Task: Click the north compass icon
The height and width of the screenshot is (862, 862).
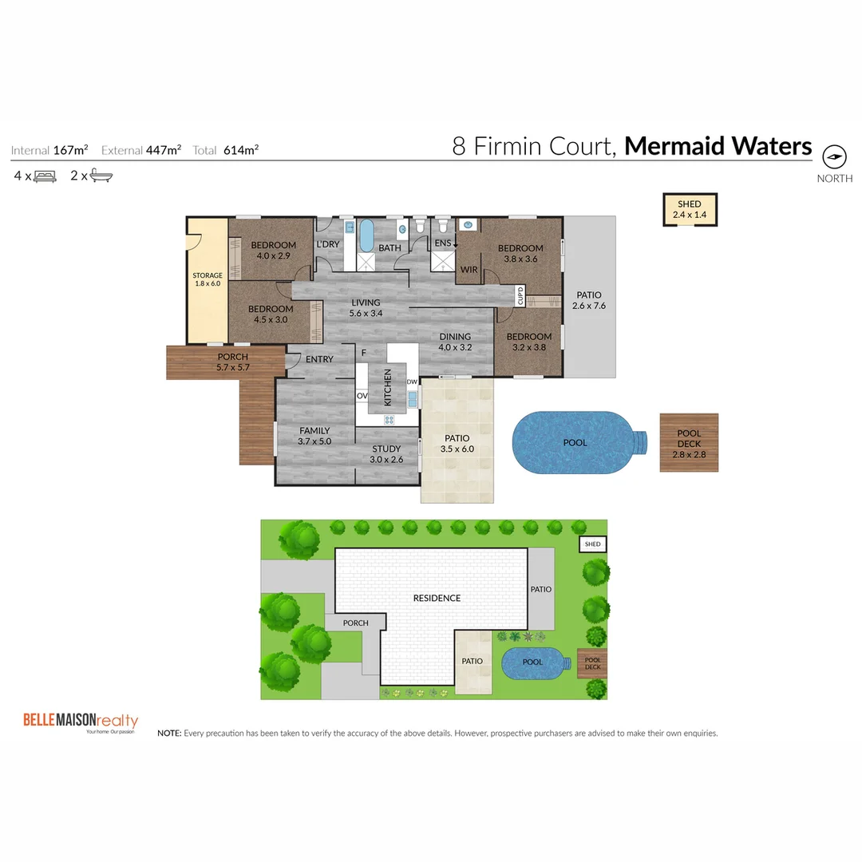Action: [x=834, y=155]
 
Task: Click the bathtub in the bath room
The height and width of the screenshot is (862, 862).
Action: [x=366, y=235]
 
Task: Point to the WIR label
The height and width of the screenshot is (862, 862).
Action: [x=469, y=270]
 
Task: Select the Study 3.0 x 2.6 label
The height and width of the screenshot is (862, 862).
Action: [x=386, y=454]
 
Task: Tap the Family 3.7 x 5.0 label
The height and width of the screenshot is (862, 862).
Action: [x=314, y=436]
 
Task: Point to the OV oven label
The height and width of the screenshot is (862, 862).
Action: [x=362, y=395]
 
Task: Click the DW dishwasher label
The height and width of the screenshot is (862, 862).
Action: [x=412, y=382]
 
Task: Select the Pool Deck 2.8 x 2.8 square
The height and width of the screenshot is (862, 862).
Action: [x=689, y=443]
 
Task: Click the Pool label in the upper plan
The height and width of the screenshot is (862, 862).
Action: [x=575, y=443]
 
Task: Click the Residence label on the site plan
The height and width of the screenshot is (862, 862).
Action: [x=437, y=598]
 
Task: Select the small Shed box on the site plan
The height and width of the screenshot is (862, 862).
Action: [x=592, y=544]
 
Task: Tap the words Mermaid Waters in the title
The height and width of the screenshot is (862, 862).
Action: [x=718, y=147]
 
